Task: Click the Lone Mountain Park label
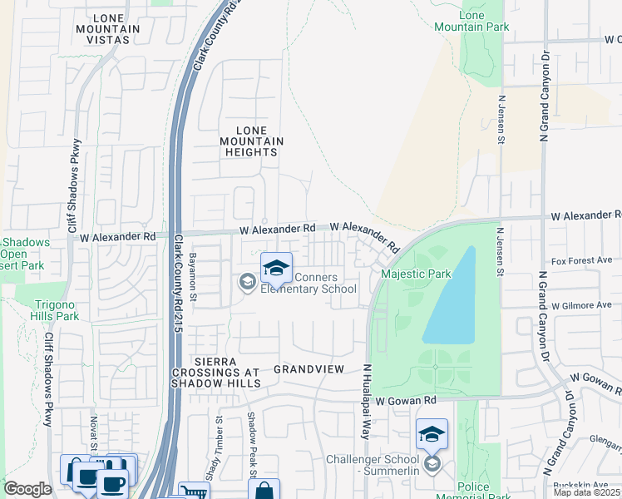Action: pos(471,21)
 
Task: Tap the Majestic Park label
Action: pos(416,274)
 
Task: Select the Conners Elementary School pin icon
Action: pos(276,268)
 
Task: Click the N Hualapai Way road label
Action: pos(365,401)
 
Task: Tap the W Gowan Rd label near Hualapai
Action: pos(406,401)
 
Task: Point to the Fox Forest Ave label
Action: pos(581,260)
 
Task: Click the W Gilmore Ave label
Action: pos(580,305)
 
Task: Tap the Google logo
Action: pos(27,489)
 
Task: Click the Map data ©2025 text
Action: pos(587,492)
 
